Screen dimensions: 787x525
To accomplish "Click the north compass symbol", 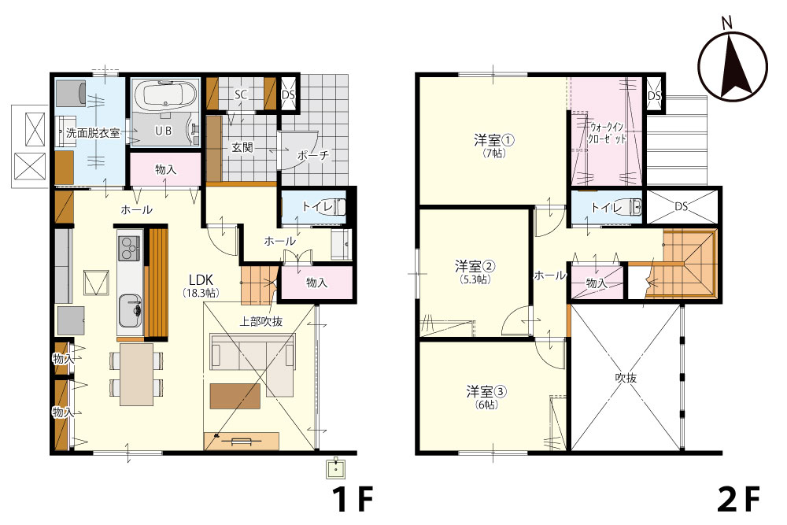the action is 733,65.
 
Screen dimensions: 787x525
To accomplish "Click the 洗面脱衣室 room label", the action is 94,134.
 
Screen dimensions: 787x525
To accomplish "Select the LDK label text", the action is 201,279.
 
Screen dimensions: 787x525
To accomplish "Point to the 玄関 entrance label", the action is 242,147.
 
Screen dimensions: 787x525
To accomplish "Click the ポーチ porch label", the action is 313,154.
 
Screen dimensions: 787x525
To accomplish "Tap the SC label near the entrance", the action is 241,94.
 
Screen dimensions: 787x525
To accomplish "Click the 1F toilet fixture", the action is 339,206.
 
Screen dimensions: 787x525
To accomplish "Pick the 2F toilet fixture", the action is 635,206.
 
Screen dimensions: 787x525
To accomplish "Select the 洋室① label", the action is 494,140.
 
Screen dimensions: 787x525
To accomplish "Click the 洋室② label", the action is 476,266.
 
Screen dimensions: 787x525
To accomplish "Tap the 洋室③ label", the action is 486,391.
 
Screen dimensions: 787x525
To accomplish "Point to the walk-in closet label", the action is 608,133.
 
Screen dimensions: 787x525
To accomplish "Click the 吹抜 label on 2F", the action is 626,378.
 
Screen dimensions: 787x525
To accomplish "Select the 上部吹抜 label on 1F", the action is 260,321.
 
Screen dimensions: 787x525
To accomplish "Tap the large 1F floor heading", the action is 353,498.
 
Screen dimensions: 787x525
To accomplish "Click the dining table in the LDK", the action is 136,375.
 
